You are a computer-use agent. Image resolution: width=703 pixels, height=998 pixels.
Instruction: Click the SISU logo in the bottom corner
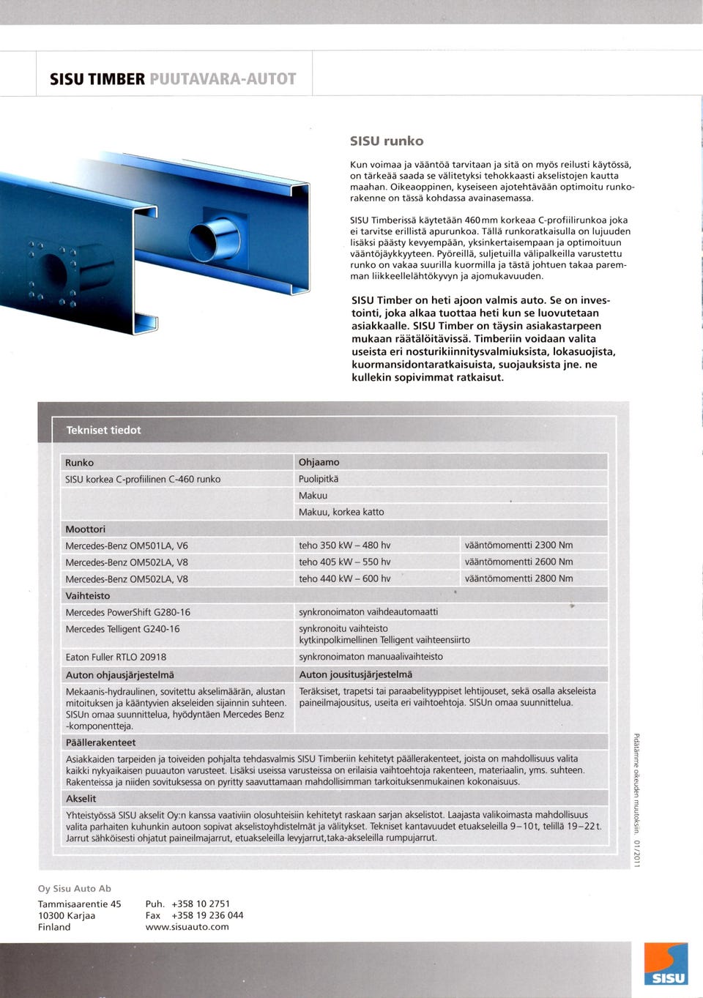(x=665, y=964)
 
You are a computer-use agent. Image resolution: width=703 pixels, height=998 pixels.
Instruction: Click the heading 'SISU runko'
(x=386, y=141)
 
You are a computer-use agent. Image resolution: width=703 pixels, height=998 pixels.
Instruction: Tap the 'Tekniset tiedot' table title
(x=103, y=430)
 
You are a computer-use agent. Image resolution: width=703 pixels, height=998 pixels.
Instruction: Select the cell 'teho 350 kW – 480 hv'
(x=344, y=545)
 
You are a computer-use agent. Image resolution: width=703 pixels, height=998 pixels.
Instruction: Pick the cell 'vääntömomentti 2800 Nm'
(x=518, y=578)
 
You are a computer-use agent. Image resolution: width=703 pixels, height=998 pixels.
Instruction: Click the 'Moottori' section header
(x=85, y=529)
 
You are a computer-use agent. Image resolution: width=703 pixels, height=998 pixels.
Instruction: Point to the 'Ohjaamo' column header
(x=319, y=462)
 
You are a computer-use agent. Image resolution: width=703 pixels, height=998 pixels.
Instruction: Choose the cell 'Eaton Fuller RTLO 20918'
(x=116, y=657)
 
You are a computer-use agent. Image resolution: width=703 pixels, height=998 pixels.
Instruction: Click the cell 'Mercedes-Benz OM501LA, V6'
(x=126, y=545)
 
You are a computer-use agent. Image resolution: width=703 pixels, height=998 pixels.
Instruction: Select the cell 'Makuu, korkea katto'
(x=341, y=512)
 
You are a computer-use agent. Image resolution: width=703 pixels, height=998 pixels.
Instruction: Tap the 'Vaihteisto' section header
(x=87, y=595)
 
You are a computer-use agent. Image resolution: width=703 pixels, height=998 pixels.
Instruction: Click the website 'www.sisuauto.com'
(x=187, y=927)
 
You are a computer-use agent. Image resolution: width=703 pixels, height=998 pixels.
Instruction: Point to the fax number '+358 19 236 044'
(x=207, y=915)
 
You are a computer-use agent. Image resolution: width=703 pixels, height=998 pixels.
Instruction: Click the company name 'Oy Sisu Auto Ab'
(x=75, y=888)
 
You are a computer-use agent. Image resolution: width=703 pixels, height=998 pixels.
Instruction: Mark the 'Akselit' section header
(x=81, y=798)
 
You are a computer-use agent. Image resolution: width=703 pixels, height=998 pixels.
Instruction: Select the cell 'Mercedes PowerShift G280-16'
(x=127, y=612)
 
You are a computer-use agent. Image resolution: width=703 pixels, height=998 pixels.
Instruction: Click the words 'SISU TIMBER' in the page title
(x=97, y=79)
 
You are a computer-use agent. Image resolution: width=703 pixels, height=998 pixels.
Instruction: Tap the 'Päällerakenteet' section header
(x=100, y=742)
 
